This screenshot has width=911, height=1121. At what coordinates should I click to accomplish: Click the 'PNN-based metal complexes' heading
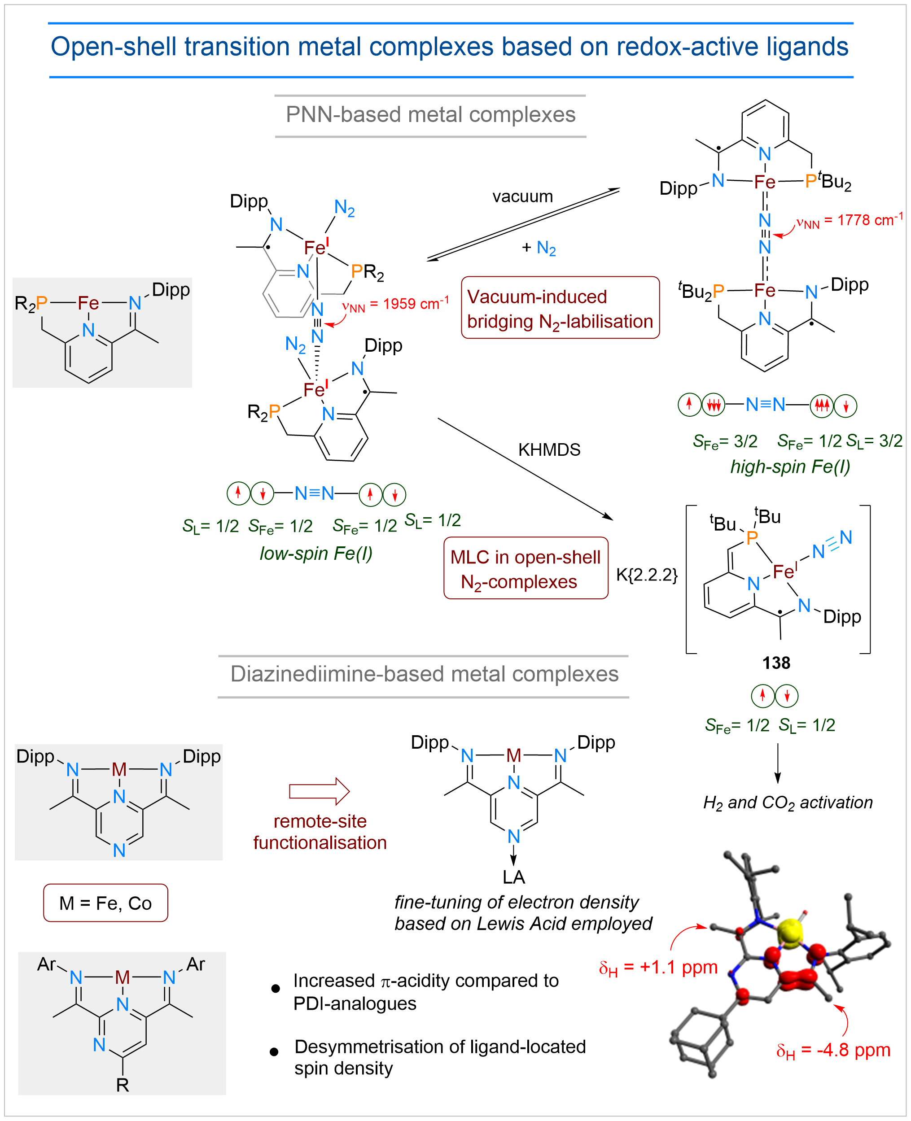pyautogui.click(x=430, y=115)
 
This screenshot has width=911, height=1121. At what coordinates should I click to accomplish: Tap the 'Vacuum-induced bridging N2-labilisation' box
pyautogui.click(x=560, y=308)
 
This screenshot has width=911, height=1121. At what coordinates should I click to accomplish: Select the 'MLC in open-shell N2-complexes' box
pyautogui.click(x=526, y=568)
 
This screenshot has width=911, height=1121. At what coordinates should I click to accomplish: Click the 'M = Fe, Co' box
pyautogui.click(x=105, y=903)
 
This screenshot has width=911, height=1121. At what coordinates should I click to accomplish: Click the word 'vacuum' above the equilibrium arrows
pyautogui.click(x=522, y=197)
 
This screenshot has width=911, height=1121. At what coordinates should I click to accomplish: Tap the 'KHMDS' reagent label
pyautogui.click(x=549, y=450)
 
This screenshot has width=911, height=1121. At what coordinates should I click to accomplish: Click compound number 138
pyautogui.click(x=776, y=663)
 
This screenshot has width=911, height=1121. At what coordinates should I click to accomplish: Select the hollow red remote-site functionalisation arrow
pyautogui.click(x=319, y=791)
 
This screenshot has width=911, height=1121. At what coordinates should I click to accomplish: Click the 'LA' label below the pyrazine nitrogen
pyautogui.click(x=513, y=877)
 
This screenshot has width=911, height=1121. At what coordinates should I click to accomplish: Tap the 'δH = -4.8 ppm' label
pyautogui.click(x=833, y=1051)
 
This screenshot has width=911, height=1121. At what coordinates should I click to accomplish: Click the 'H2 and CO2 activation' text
pyautogui.click(x=788, y=803)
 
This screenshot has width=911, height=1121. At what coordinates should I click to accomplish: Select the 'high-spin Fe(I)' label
pyautogui.click(x=790, y=467)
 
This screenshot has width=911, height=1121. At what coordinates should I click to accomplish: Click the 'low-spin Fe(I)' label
pyautogui.click(x=316, y=554)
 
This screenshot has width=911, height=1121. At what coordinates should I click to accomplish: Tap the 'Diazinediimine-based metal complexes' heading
pyautogui.click(x=424, y=675)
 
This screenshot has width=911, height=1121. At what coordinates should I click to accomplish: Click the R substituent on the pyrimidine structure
pyautogui.click(x=122, y=1085)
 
